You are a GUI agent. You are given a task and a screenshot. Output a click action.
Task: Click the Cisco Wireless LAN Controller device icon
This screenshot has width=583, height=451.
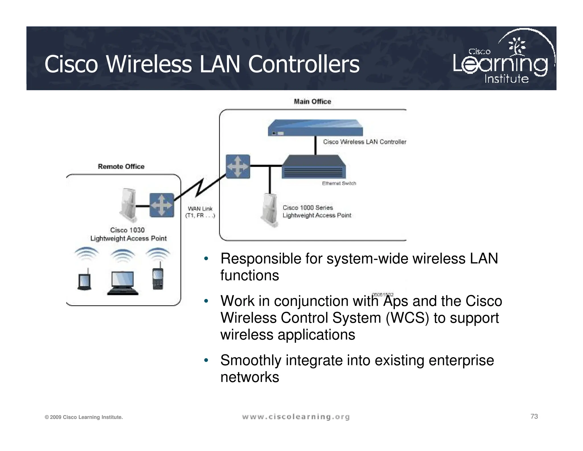click(x=315, y=128)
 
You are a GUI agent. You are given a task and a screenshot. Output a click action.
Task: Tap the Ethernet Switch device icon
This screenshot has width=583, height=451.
click(x=314, y=167)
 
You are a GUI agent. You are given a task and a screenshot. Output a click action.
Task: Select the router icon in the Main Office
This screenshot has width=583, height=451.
click(x=238, y=166)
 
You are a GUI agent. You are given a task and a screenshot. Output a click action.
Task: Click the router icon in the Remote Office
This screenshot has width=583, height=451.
click(x=162, y=205)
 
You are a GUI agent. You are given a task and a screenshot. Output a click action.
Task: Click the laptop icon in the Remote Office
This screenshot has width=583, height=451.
click(x=123, y=283)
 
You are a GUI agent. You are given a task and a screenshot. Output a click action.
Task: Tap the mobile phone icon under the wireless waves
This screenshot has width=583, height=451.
click(x=158, y=279)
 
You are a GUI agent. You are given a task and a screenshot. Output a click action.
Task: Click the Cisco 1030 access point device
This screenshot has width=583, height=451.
click(x=128, y=205)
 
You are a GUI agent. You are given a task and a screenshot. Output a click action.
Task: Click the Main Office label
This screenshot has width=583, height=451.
click(x=312, y=101)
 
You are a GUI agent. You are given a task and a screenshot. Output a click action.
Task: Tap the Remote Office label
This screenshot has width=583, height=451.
click(x=121, y=166)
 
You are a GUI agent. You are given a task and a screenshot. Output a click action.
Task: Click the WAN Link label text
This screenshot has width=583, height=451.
click(x=200, y=212)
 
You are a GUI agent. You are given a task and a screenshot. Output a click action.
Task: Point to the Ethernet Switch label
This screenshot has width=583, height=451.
click(x=339, y=183)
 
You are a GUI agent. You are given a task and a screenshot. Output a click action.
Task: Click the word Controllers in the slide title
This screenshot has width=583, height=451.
click(x=304, y=64)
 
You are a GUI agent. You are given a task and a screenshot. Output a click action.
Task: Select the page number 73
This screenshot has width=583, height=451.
click(x=534, y=417)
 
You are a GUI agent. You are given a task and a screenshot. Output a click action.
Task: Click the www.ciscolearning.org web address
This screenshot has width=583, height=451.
click(x=296, y=417)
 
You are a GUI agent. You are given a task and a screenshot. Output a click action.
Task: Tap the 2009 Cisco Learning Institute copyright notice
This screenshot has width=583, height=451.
click(x=84, y=417)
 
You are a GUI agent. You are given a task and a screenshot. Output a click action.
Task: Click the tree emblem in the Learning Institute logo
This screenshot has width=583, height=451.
click(x=517, y=46)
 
